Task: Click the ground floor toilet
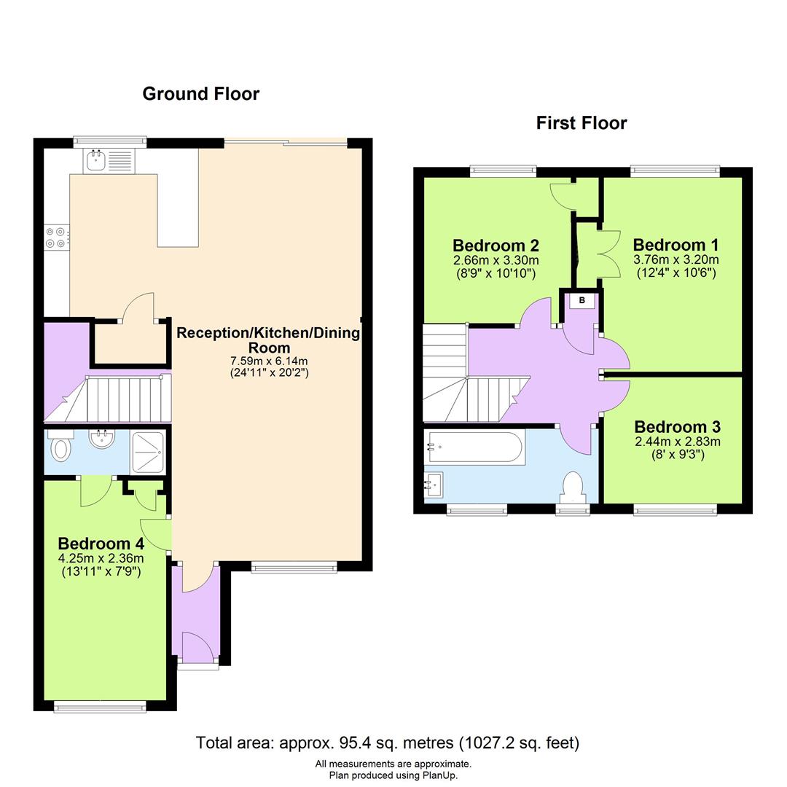coord(59,447)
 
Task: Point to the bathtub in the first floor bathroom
coord(474,446)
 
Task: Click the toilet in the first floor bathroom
coord(574,488)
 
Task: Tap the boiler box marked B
coord(582,299)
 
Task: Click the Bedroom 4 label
coord(101,544)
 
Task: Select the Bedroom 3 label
coord(677,427)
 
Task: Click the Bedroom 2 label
coord(496,245)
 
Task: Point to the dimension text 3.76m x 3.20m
coord(676,260)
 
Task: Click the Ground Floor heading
coord(200,94)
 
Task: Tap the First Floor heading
coord(582,123)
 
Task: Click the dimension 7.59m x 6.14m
coord(268,361)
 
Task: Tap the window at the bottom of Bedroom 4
coord(100,705)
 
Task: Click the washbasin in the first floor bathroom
coord(435,483)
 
